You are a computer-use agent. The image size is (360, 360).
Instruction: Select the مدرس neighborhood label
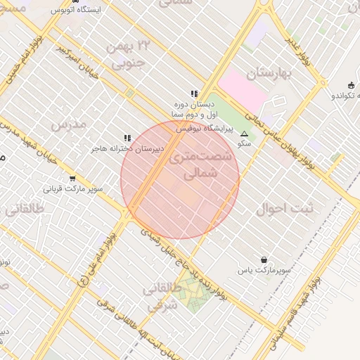click(x=69, y=124)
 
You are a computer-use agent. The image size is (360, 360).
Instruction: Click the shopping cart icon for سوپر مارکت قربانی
click(x=72, y=179)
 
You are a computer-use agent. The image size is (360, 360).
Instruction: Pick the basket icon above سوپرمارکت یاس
click(x=264, y=259)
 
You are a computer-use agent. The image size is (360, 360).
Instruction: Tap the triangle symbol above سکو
click(x=244, y=134)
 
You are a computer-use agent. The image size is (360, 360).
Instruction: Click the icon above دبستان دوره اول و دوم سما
click(x=194, y=94)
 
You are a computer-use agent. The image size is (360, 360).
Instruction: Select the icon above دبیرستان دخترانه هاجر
click(x=127, y=139)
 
